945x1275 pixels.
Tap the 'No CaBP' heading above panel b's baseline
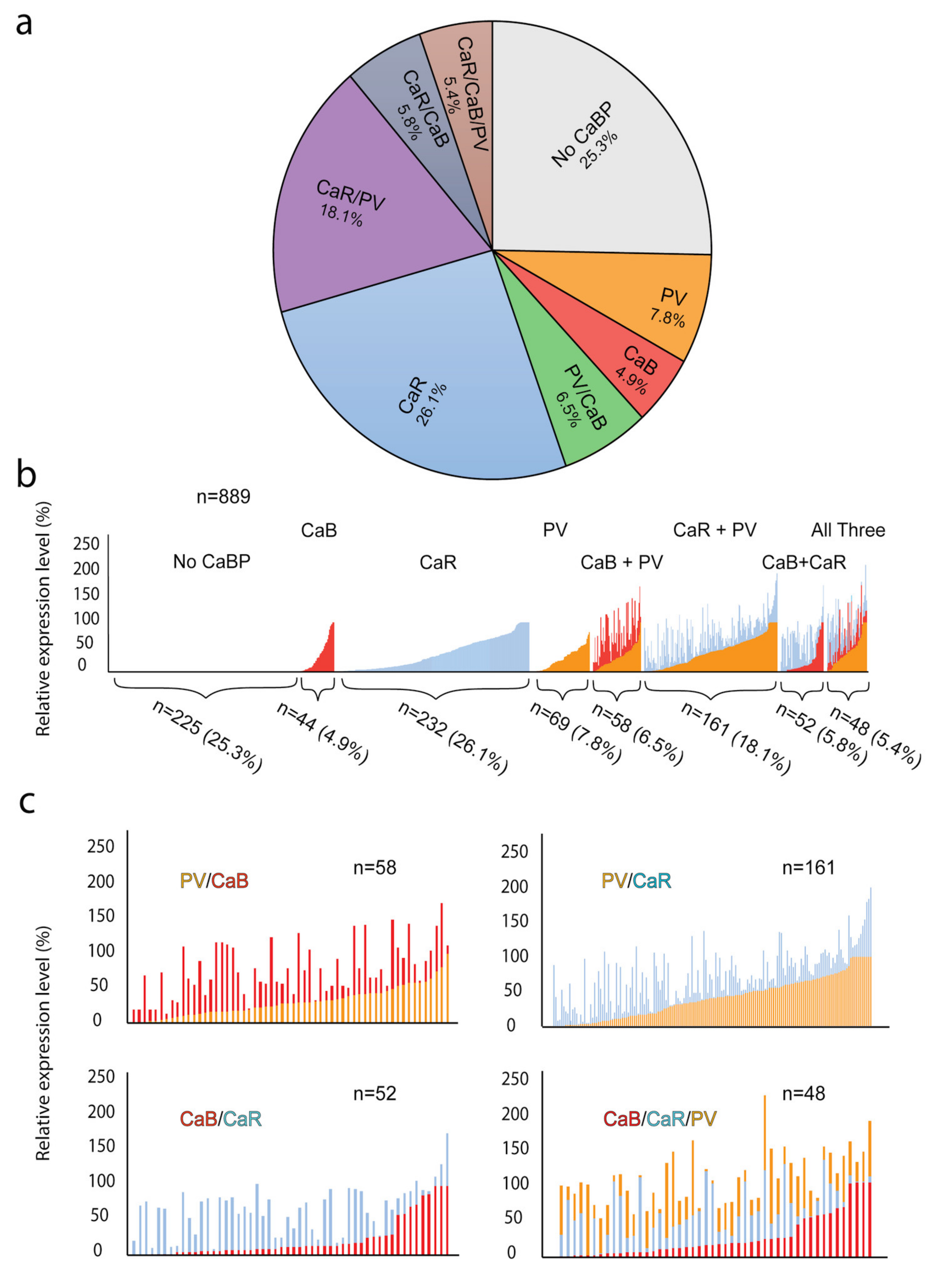(x=212, y=562)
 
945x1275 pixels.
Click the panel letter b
(x=26, y=475)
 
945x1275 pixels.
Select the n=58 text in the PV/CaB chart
(x=375, y=868)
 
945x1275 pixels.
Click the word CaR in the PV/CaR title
(x=652, y=880)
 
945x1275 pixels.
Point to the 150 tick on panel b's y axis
(x=86, y=593)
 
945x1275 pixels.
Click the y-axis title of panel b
(x=43, y=618)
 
